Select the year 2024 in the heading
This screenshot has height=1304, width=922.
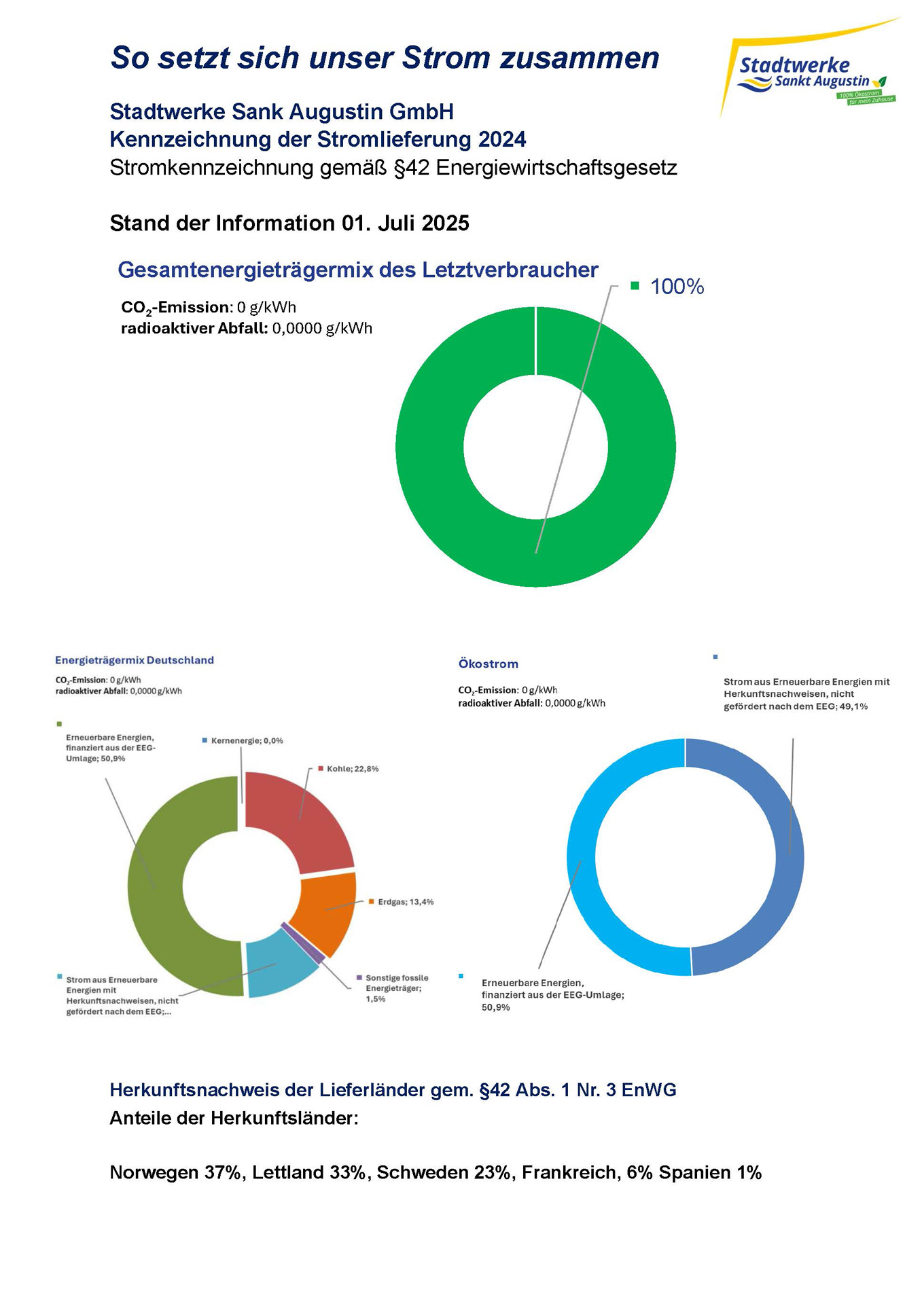click(501, 140)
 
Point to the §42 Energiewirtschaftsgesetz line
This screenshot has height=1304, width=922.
click(393, 168)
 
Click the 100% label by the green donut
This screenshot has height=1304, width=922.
click(676, 287)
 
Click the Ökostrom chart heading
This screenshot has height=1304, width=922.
click(488, 664)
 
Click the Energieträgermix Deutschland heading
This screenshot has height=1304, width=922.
click(135, 660)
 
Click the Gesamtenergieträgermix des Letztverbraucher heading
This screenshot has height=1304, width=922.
click(358, 270)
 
